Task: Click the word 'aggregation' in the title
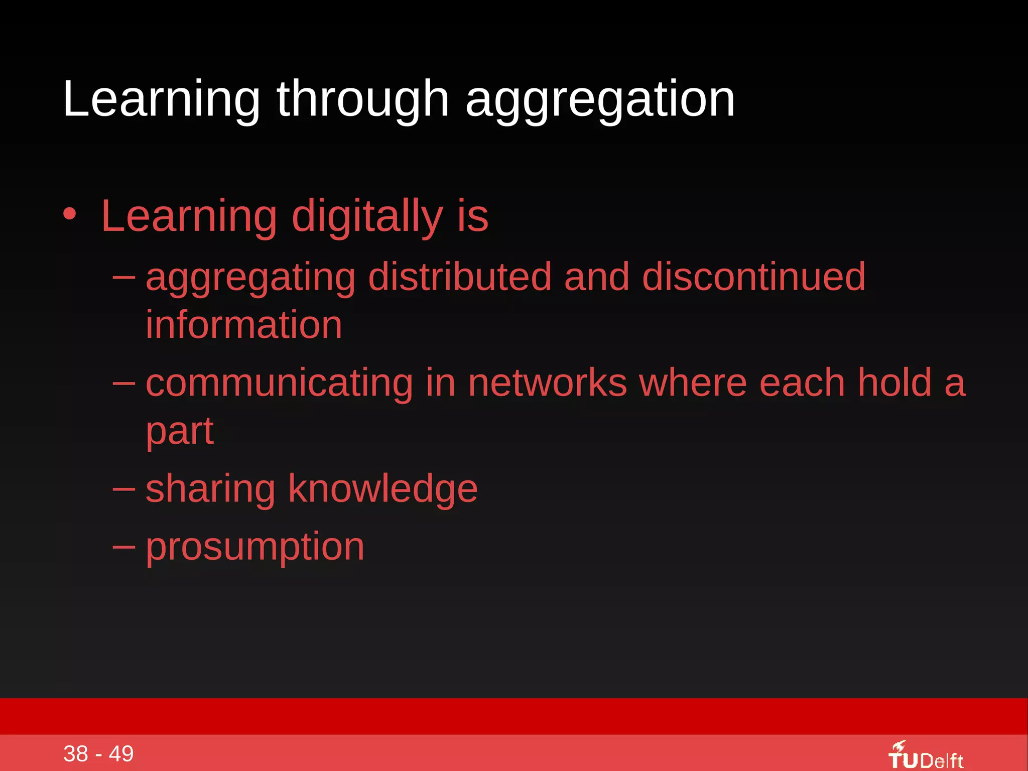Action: [x=600, y=100]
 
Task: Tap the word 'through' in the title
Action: [x=362, y=100]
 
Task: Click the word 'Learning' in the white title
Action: [x=161, y=100]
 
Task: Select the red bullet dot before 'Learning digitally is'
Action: [x=70, y=214]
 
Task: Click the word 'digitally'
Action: [x=367, y=217]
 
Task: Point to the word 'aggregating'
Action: [x=250, y=278]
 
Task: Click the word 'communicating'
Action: [x=279, y=383]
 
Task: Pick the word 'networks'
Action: [x=547, y=383]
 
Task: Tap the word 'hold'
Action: [x=894, y=383]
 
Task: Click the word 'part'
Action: [x=180, y=432]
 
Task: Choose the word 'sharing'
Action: [x=210, y=489]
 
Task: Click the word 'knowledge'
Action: [x=383, y=489]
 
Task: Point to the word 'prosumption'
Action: [x=255, y=547]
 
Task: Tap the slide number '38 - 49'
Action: [x=98, y=753]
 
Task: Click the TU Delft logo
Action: [x=926, y=756]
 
